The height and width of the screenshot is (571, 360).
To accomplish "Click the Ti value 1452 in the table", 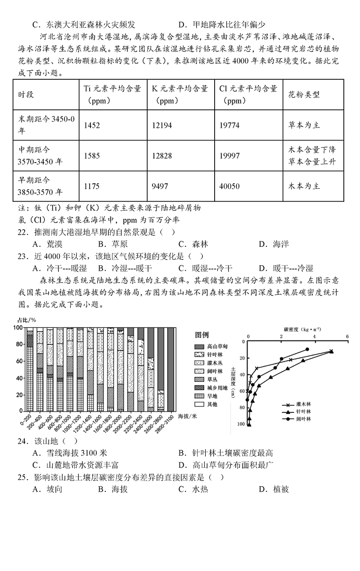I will [92, 125].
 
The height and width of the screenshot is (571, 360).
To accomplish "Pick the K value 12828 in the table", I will [162, 156].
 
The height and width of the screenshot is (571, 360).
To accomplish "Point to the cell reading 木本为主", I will [304, 186].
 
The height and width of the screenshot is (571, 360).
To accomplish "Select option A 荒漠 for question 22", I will [49, 245].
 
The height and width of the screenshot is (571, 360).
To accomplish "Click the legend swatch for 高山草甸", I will [199, 346].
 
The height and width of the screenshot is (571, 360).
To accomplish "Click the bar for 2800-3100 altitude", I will [171, 369].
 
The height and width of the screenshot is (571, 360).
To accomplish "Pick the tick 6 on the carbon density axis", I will [347, 337].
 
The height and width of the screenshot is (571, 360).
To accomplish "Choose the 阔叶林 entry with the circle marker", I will [300, 419].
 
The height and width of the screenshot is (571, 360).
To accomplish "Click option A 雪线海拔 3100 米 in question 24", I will [70, 453].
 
